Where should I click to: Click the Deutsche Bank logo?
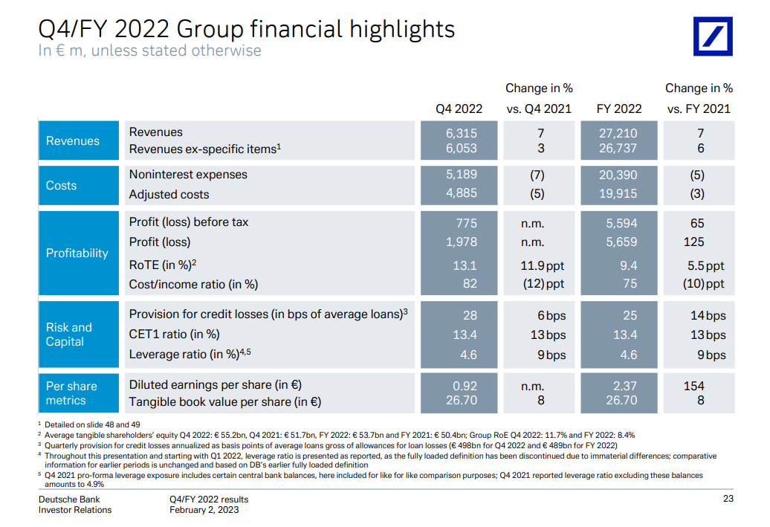pos(713,36)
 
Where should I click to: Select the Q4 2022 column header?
pos(459,109)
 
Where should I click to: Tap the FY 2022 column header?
pos(619,109)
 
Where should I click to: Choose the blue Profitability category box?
pos(77,253)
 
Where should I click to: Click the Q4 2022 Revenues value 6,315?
pos(462,133)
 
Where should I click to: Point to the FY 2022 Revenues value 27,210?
pos(618,133)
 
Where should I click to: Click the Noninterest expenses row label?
pos(188,175)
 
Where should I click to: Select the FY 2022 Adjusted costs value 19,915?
pos(618,195)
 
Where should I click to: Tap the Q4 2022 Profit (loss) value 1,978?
pos(462,242)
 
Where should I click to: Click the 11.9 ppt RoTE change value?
pos(542,265)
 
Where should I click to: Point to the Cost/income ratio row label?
pos(193,284)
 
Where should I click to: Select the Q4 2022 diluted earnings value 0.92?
pos(465,386)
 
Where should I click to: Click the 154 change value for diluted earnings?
pos(694,386)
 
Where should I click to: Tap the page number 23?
pos(728,499)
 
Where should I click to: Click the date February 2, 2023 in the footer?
pos(204,510)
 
